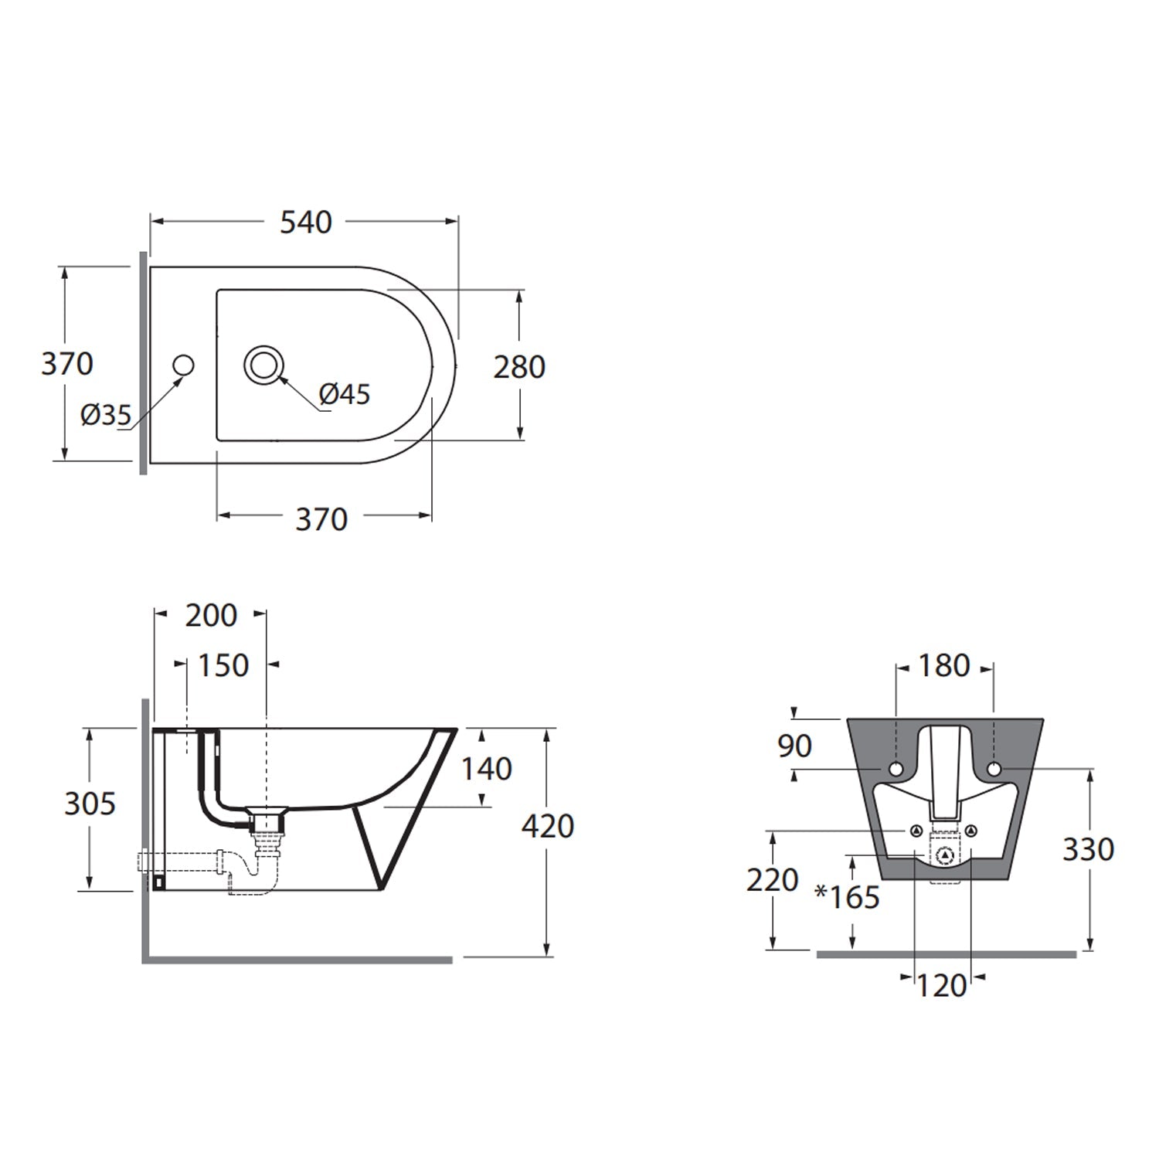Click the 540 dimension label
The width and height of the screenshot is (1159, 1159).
(x=306, y=223)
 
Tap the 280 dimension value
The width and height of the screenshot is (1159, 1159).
(x=519, y=367)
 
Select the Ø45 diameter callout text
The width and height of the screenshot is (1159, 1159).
(x=345, y=394)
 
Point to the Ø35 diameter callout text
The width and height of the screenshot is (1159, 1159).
(x=106, y=416)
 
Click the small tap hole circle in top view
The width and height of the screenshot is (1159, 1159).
(x=183, y=365)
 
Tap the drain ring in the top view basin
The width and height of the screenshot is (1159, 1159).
(x=264, y=365)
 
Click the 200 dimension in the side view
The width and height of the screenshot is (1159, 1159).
(x=211, y=616)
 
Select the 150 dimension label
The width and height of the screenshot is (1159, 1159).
(x=224, y=665)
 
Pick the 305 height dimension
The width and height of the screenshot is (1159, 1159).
(x=90, y=804)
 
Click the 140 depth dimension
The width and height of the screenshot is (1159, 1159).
(x=487, y=769)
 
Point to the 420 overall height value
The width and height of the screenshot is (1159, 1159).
(x=548, y=827)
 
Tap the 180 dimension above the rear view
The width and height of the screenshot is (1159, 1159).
(x=944, y=665)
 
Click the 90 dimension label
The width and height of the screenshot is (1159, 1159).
(x=794, y=746)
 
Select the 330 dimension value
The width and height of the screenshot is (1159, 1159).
(x=1089, y=849)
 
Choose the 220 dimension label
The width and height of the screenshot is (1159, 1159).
(x=772, y=880)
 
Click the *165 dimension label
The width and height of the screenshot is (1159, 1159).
(x=848, y=896)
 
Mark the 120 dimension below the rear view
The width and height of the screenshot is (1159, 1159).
(x=942, y=986)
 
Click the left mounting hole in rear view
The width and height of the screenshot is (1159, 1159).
(x=896, y=769)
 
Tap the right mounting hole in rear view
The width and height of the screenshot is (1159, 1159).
(x=994, y=768)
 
